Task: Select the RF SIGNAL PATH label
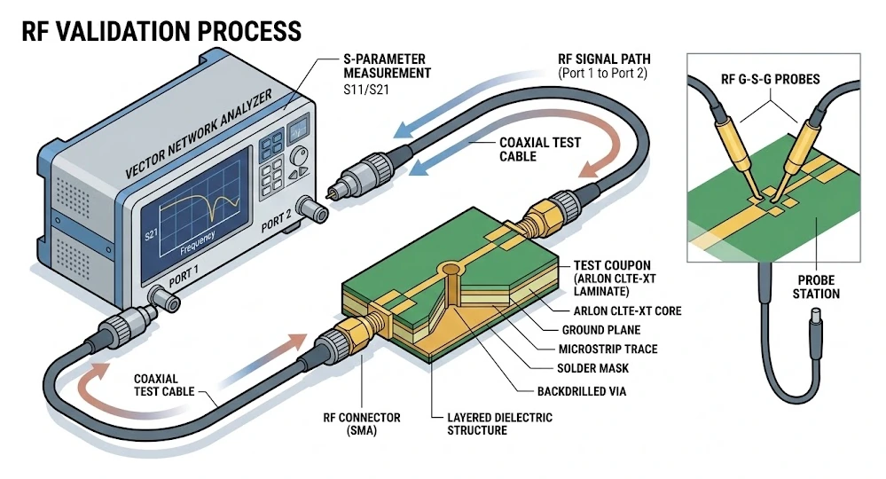coord(604,67)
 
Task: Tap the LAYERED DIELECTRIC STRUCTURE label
coord(500,424)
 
